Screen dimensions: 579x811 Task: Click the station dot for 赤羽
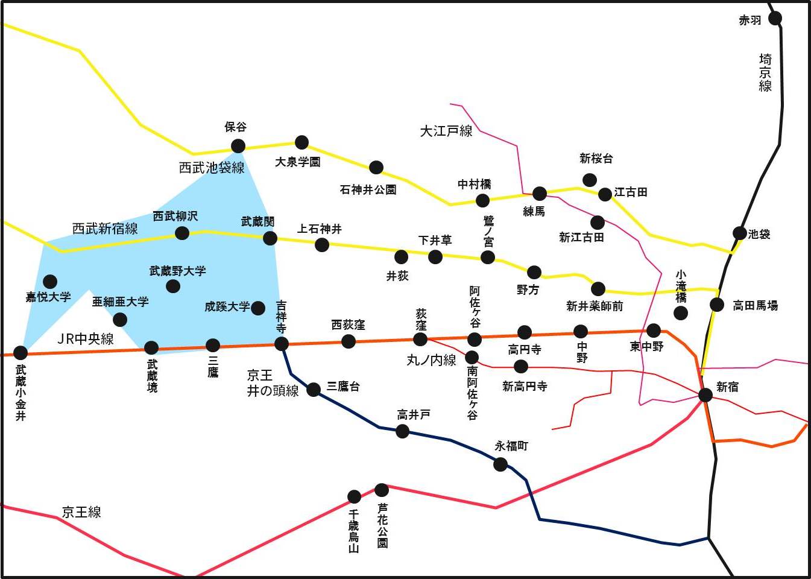coord(775,18)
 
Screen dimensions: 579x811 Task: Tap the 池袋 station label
coord(759,234)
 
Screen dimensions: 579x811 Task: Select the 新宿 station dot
coord(705,394)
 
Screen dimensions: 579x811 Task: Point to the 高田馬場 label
coord(755,306)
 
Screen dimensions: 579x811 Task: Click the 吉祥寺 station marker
coord(282,344)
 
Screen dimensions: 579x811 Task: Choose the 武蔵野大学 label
coord(178,271)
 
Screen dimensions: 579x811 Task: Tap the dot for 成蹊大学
coord(258,308)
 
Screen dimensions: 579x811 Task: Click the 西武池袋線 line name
coord(212,168)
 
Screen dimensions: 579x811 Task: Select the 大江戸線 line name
coord(446,131)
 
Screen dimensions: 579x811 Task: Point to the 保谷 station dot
coord(238,146)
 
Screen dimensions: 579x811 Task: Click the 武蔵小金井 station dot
coord(21,352)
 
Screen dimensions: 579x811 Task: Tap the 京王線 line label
coord(81,512)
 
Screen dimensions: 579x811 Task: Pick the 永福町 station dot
coord(500,464)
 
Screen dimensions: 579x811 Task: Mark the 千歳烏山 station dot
coord(354,497)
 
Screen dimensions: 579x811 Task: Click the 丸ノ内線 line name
coord(431,361)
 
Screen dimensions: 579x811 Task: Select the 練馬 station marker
coord(540,194)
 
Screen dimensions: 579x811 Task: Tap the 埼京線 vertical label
coord(765,72)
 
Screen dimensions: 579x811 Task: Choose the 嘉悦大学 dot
coord(50,281)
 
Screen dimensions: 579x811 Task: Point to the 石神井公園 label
coord(368,190)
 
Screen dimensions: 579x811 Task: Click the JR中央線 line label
coord(86,339)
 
